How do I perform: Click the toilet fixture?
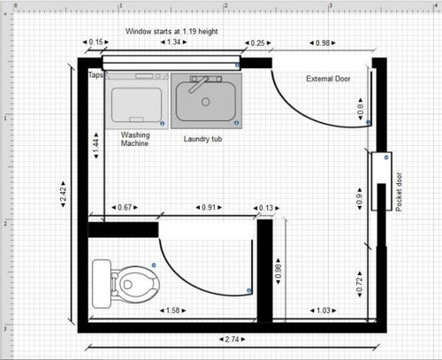(126, 284)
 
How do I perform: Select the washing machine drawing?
(136, 101)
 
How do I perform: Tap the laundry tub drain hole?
(206, 102)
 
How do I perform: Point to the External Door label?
(328, 79)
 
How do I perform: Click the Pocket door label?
(399, 192)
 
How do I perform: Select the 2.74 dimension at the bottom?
(232, 340)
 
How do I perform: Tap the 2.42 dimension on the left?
(63, 195)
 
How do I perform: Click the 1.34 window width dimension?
(173, 42)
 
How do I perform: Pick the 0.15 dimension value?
(95, 42)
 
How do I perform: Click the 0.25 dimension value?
(257, 43)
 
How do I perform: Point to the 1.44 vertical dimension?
(96, 146)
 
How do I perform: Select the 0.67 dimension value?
(125, 207)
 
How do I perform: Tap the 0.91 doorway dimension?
(209, 207)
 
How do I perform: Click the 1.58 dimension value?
(173, 310)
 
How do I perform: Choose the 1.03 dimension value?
(324, 310)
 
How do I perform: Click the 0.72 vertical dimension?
(360, 284)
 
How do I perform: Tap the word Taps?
(95, 75)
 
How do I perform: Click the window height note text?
(171, 31)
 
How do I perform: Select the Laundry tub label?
(202, 139)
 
